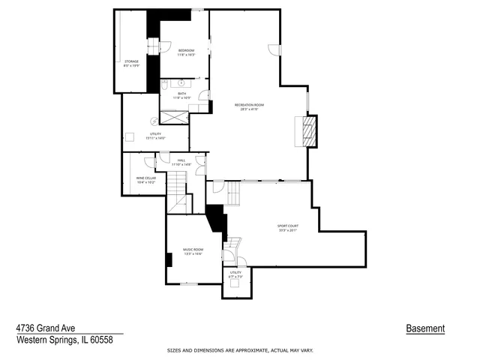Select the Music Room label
pos(193,252)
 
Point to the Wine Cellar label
pos(145,180)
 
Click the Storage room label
pos(131,63)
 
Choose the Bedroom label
pos(186,52)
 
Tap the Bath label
pos(182,95)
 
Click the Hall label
pos(181,162)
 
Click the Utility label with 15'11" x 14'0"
pos(155,136)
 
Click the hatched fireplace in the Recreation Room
pos(307,130)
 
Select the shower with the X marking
pos(175,117)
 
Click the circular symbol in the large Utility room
pos(155,121)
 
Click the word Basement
pos(425,328)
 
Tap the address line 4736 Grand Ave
pos(45,328)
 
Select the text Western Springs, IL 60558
pos(64,339)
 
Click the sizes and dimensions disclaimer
pos(239,350)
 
